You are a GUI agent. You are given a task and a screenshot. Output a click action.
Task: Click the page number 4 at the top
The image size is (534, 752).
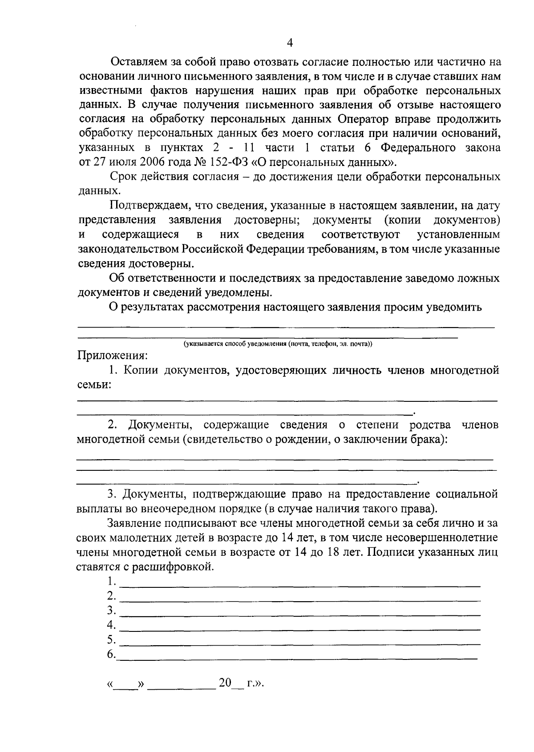point(290,43)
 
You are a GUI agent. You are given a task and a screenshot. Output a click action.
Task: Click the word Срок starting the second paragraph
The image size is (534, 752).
point(123,177)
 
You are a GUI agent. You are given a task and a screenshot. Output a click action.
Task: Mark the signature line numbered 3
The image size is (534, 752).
point(300,615)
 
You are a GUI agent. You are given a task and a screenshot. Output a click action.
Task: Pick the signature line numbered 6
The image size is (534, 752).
point(298,657)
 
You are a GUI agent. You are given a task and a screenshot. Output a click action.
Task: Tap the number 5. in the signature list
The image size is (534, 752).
point(111,640)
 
